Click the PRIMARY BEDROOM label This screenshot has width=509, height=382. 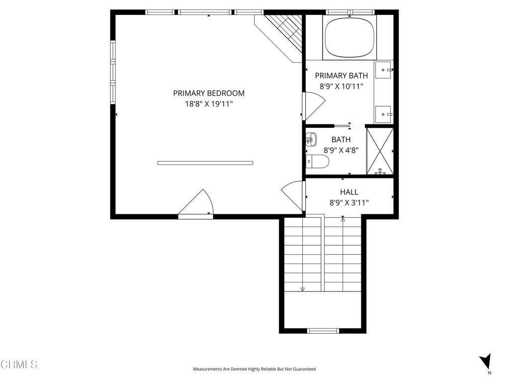pyautogui.click(x=209, y=93)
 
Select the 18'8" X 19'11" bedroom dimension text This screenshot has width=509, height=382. pyautogui.click(x=209, y=104)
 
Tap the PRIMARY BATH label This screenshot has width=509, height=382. pyautogui.click(x=341, y=76)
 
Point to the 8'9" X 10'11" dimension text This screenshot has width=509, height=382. pyautogui.click(x=341, y=87)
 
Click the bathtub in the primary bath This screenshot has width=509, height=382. pyautogui.click(x=349, y=38)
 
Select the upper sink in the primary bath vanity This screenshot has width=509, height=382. pyautogui.click(x=384, y=70)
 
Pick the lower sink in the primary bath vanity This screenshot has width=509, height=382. pyautogui.click(x=383, y=114)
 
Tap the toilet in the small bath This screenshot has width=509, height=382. pyautogui.click(x=318, y=161)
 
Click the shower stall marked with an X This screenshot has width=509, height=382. pyautogui.click(x=380, y=151)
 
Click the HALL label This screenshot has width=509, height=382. pyautogui.click(x=349, y=192)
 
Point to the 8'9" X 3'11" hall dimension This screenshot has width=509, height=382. pyautogui.click(x=349, y=202)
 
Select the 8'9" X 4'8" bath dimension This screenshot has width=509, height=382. pyautogui.click(x=341, y=150)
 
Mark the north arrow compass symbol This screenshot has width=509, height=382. pyautogui.click(x=486, y=362)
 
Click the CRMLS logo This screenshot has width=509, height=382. pyautogui.click(x=19, y=365)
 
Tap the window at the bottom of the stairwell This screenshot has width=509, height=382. pyautogui.click(x=323, y=330)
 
